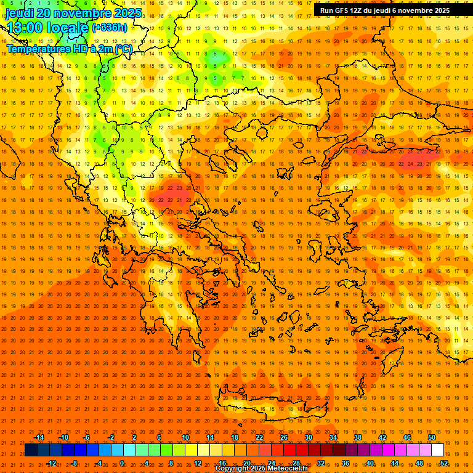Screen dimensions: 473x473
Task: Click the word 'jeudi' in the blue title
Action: coord(20,13)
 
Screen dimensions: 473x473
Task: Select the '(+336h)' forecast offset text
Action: coord(110,27)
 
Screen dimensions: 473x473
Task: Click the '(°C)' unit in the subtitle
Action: coord(123,49)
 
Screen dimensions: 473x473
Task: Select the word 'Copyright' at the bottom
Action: coord(232,469)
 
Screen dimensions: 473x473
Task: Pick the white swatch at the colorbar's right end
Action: coord(438,450)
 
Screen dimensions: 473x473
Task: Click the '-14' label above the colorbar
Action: coord(39,437)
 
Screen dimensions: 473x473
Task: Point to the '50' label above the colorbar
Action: coord(432,437)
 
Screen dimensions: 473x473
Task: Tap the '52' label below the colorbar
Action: coord(444,463)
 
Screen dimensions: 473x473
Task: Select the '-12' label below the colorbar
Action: coord(51,463)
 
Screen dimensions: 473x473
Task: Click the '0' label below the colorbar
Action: coord(122,463)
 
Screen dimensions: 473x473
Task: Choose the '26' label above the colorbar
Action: coord(284,437)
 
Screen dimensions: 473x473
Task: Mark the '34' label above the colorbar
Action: coord(333,437)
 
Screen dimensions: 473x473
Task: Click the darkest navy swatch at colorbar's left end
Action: coord(31,450)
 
